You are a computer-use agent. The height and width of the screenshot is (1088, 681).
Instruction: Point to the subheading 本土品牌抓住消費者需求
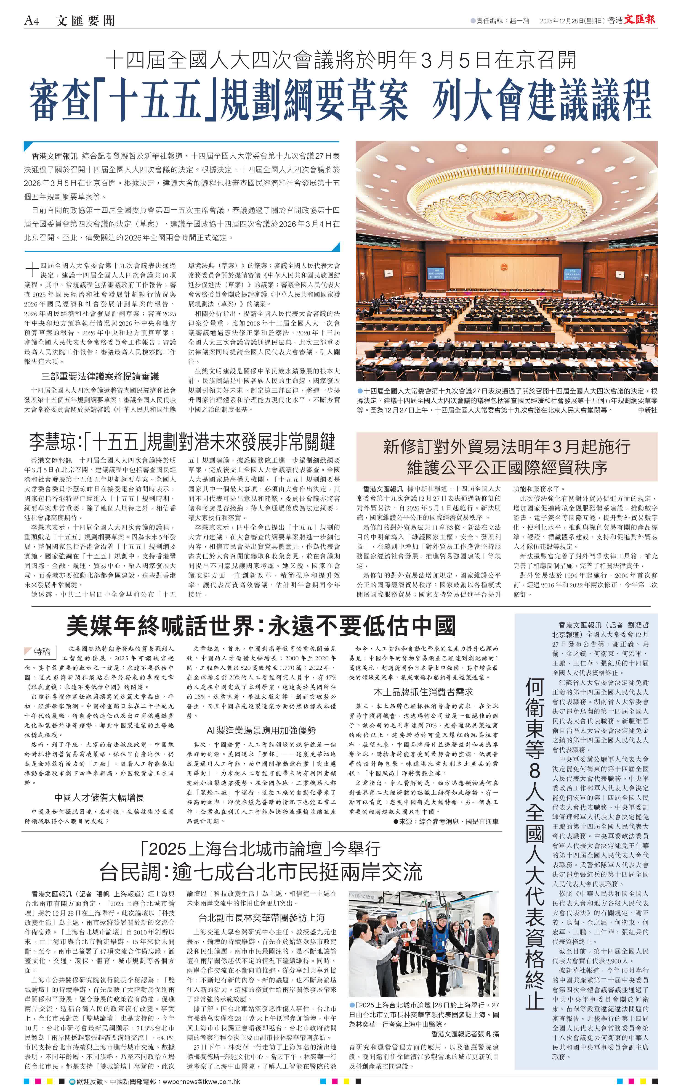[423, 692]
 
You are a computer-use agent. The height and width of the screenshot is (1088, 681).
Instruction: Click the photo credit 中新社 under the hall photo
[647, 410]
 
